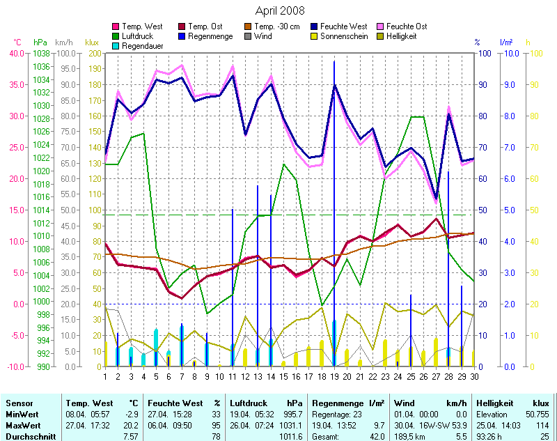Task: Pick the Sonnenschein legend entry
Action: [x=342, y=36]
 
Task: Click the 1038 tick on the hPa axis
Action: [x=41, y=53]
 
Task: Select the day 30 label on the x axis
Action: [x=474, y=376]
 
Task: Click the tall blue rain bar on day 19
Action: [x=334, y=209]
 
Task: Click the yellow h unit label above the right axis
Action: [x=528, y=42]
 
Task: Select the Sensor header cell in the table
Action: [x=18, y=403]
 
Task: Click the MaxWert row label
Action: [x=22, y=424]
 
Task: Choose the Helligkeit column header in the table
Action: [x=494, y=403]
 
